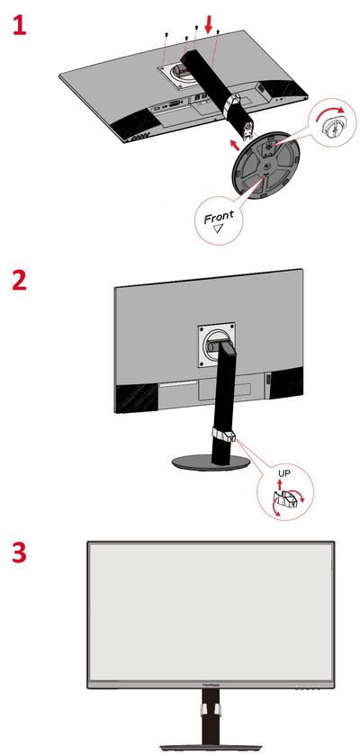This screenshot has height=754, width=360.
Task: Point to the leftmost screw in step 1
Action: [168, 35]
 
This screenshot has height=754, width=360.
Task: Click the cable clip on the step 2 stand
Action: [221, 435]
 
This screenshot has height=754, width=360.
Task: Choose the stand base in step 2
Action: [212, 461]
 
